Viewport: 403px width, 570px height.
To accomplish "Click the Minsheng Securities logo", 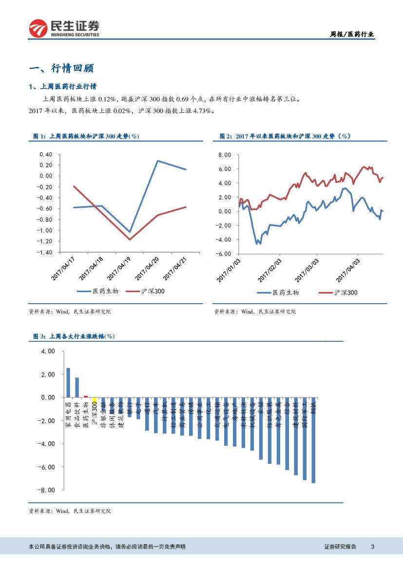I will tap(64, 28).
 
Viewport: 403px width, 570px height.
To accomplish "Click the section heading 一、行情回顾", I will tap(61, 68).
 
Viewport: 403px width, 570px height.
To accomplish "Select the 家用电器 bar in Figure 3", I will tap(68, 383).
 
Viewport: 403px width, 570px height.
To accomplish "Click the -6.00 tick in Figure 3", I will tap(47, 467).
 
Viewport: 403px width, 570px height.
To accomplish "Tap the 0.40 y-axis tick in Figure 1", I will tap(45, 154).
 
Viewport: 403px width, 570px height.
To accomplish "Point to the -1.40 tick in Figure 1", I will tap(44, 253).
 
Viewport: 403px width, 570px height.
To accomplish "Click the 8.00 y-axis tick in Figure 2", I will tap(224, 155).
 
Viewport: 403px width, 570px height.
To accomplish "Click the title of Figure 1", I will tap(86, 137).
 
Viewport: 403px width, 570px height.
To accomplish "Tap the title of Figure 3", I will tap(74, 336).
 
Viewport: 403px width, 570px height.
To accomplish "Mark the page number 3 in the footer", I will tap(372, 547).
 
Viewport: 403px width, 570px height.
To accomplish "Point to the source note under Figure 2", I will tap(255, 311).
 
